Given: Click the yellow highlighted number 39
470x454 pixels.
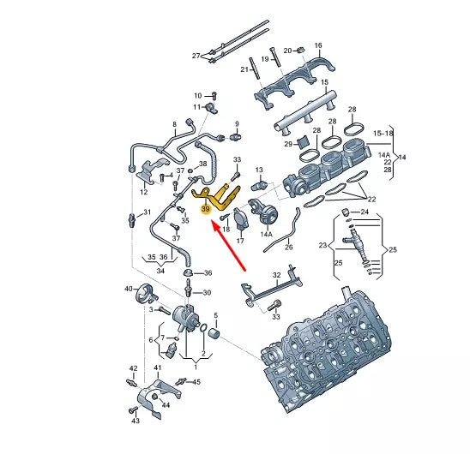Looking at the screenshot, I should click(206, 208).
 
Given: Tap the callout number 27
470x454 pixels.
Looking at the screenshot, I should click(196, 56).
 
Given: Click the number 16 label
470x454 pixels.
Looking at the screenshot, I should click(317, 45).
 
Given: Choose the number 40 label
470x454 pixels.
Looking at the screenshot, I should click(130, 289).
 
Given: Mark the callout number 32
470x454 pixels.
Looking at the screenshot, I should click(276, 274).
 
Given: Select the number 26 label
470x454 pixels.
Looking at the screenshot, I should click(288, 247).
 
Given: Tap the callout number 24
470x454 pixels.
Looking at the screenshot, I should click(365, 212).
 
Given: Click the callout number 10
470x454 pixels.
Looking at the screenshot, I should click(196, 95).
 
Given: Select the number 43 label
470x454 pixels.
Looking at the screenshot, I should click(135, 422).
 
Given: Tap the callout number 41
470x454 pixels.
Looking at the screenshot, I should click(157, 368).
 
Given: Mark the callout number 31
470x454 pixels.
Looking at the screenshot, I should click(147, 212).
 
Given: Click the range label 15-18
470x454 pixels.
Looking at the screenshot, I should click(382, 133).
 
